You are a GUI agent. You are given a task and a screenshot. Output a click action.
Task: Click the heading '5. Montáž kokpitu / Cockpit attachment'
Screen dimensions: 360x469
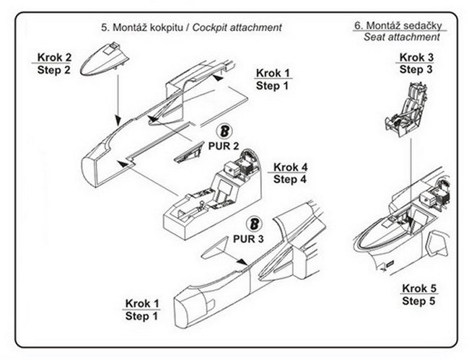pos(190,27)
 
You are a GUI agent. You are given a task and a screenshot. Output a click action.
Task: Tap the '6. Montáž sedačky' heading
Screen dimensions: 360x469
pos(398,25)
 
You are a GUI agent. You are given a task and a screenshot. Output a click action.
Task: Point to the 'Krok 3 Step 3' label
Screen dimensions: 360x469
pos(416,63)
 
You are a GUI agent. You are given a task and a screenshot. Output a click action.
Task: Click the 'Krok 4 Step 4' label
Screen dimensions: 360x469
pos(289,172)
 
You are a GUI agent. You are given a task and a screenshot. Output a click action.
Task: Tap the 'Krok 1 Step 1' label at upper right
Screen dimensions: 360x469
pos(273,79)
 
